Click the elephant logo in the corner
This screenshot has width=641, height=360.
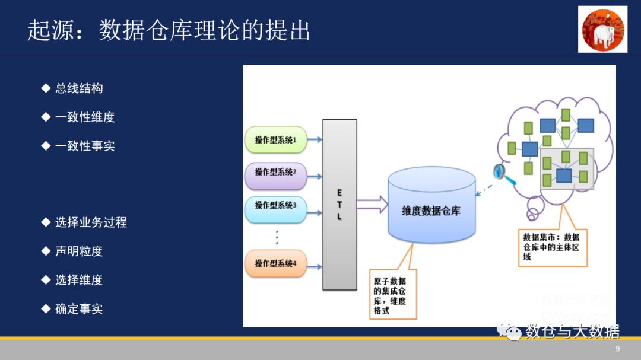602,29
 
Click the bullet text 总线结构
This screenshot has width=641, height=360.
78,88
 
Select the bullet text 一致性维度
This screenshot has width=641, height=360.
84,117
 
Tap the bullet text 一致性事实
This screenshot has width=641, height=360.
84,146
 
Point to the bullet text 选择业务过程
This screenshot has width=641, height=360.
90,222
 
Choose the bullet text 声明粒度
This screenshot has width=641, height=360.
78,251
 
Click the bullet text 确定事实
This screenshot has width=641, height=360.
78,309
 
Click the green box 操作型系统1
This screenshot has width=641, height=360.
275,140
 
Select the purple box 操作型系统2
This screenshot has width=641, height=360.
275,173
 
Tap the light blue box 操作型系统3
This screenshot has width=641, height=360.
275,206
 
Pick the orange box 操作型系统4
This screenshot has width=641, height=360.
275,263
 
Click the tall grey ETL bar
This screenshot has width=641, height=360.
339,205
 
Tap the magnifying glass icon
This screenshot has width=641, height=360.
499,172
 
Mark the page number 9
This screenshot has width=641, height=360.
618,349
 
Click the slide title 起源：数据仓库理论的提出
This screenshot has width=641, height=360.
169,30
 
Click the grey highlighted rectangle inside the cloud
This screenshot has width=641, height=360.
566,168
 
